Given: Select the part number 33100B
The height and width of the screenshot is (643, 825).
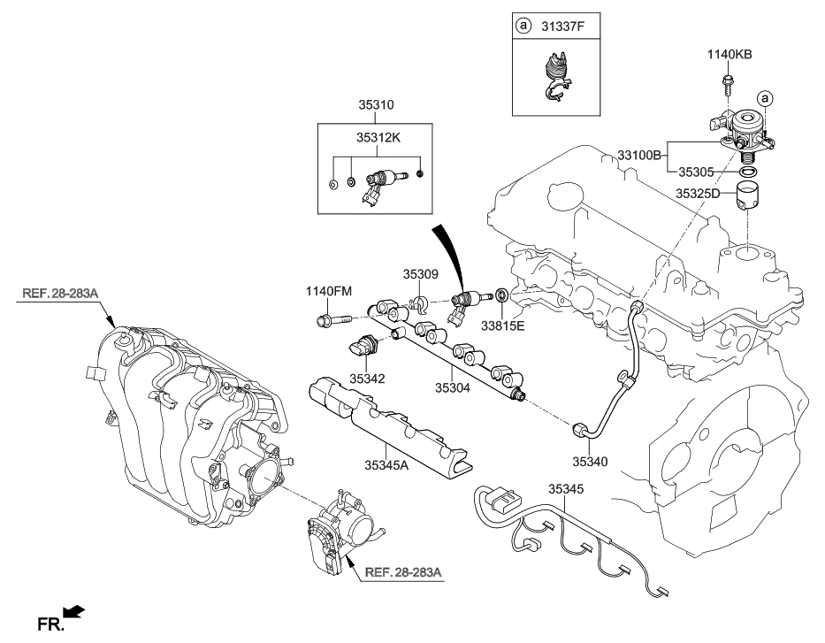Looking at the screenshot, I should coord(633,155).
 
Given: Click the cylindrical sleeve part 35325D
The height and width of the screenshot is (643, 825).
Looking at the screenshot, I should coord(749,204).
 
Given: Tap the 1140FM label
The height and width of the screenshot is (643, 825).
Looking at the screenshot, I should coord(329,290).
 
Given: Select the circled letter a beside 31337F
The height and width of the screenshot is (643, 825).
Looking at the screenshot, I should coord(523,26).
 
